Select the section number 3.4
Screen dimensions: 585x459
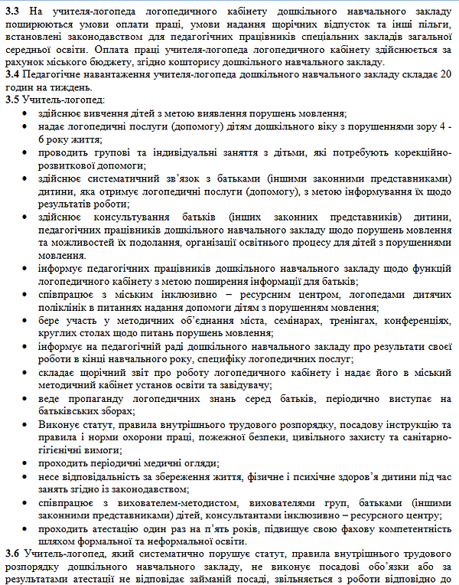tap(13, 75)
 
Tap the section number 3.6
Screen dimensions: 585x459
tap(13, 553)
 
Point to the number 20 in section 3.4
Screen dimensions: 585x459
tap(445, 75)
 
